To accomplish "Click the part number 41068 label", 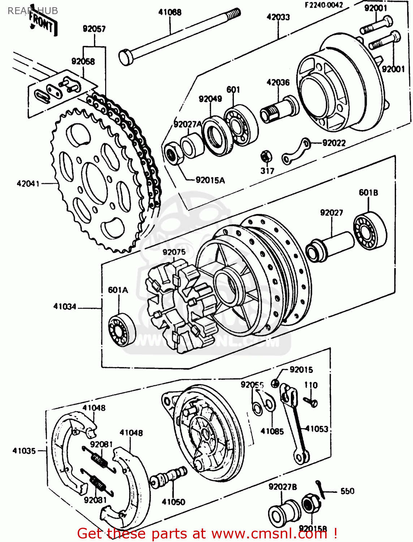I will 170,12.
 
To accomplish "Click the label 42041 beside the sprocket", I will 28,184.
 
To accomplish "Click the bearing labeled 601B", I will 369,231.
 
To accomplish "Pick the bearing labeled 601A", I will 121,330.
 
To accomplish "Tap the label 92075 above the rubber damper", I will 174,252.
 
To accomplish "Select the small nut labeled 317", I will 266,156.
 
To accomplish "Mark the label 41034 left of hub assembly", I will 65,307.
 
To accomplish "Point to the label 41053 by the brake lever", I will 317,429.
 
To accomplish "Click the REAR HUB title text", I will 33,11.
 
